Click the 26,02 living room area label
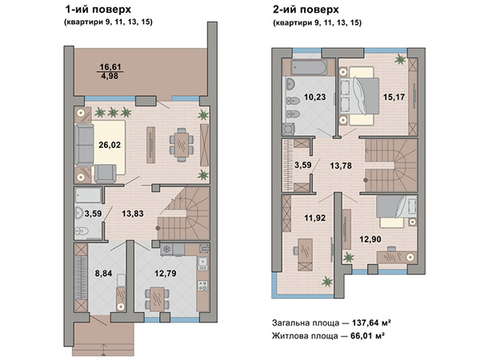coord(110,145)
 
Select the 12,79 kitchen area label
coord(166,273)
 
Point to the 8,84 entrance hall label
coord(103,274)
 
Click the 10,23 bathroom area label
coord(315,97)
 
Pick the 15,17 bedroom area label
coord(394,97)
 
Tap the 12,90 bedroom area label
coord(370,239)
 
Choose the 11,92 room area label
coord(315,218)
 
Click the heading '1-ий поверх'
coord(98,10)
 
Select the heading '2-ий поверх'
coord(306,10)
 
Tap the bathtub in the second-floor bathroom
coord(309,67)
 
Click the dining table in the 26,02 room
coord(182,145)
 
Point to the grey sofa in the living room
coord(85,145)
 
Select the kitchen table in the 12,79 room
coord(158,298)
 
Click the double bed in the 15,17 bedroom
coord(360,97)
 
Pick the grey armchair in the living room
coord(106,174)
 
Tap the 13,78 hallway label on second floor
coord(341,166)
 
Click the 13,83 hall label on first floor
coord(133,214)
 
